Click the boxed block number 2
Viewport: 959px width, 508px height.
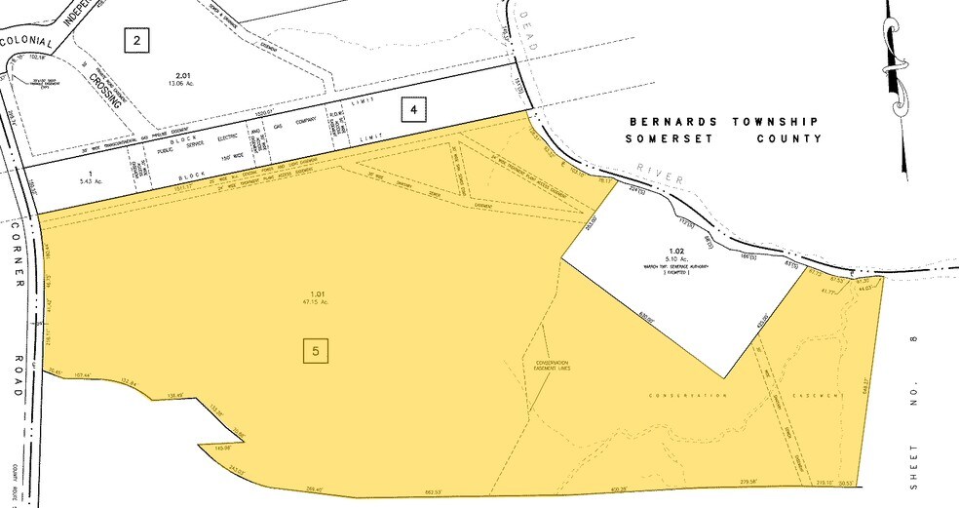137,40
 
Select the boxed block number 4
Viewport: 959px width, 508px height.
414,110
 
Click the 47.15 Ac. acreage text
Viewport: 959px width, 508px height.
315,301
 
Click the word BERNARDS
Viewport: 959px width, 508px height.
663,122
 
